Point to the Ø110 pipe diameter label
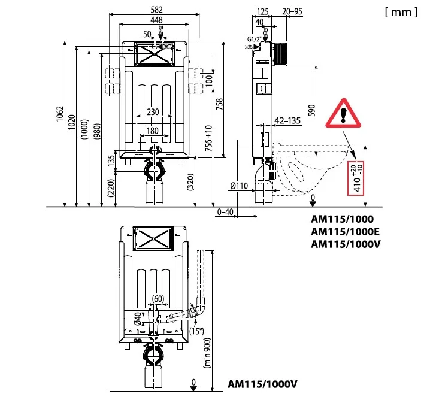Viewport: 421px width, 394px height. point(240,186)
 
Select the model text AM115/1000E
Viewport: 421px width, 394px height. point(346,232)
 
